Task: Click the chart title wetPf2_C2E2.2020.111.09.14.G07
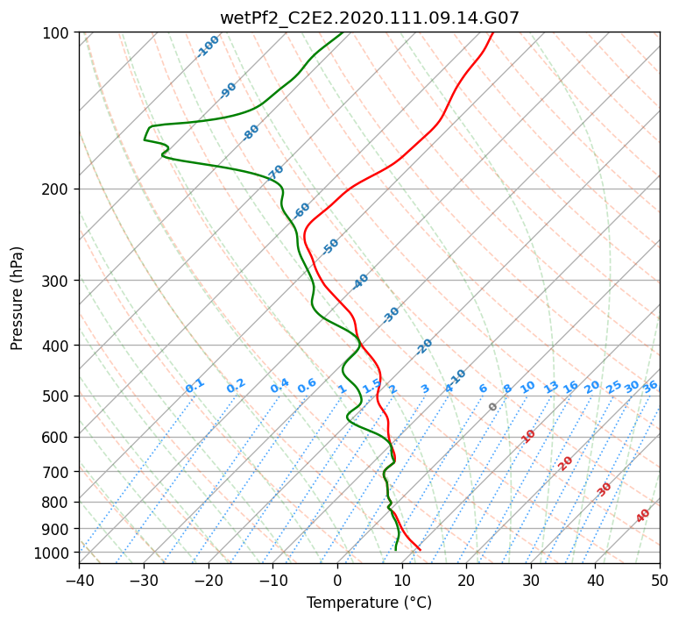point(370,18)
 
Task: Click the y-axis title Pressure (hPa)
point(17,298)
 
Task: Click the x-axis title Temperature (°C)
point(370,603)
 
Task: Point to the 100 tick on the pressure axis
point(59,32)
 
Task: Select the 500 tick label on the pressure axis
point(59,396)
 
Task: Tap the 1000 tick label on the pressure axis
point(55,553)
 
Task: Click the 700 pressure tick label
point(59,471)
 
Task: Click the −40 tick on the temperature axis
point(79,580)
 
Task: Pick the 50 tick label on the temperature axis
point(660,580)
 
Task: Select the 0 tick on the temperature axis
point(338,580)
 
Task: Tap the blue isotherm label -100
point(208,46)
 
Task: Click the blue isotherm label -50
point(330,246)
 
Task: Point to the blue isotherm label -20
point(424,346)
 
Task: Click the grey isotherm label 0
point(492,407)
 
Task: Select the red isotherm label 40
point(642,516)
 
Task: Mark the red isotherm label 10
point(527,436)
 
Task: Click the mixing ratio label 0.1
point(195,386)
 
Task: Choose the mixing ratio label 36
point(650,387)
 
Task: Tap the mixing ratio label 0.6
point(307,386)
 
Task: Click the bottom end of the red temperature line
point(420,550)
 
